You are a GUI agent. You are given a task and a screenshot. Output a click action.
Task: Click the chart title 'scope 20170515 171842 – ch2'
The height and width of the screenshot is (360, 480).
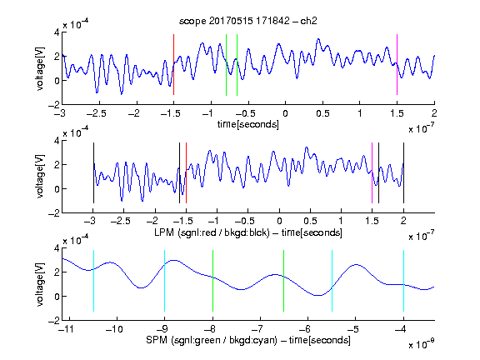(x=248, y=21)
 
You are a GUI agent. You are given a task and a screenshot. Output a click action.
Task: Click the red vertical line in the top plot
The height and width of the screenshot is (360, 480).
(x=173, y=65)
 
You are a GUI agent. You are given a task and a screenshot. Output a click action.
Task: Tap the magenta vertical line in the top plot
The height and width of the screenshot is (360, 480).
(x=397, y=65)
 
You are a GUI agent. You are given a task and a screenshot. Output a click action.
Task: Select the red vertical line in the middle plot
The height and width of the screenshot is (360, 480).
(x=186, y=173)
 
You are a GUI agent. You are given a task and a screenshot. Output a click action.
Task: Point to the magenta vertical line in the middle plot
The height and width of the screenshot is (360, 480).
(x=372, y=173)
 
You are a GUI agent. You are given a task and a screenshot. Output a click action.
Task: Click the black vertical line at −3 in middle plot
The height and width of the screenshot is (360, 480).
(x=93, y=173)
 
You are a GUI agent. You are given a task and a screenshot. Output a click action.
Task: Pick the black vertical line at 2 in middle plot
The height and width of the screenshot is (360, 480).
(x=403, y=173)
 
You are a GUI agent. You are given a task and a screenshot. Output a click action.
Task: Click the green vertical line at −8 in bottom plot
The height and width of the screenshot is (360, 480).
(x=212, y=281)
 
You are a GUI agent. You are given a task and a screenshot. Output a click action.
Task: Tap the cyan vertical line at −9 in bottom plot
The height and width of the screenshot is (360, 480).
(x=164, y=281)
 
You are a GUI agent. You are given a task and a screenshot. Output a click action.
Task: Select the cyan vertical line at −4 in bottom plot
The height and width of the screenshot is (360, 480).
(x=403, y=281)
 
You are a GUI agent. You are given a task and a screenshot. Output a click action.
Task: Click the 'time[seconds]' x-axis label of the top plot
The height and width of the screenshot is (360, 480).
(x=248, y=124)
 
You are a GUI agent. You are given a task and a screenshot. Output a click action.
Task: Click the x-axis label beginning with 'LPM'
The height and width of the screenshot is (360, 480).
(x=248, y=232)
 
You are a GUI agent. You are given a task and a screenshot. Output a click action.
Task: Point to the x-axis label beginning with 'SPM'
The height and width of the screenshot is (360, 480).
(x=248, y=340)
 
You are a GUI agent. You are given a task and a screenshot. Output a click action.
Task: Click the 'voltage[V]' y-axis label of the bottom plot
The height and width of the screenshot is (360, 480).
(x=40, y=284)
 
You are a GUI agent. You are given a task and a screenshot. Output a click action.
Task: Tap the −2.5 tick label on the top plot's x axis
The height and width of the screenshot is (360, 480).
(x=96, y=113)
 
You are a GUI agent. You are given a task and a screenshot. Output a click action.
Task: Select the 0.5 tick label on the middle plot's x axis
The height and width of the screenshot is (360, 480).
(x=310, y=221)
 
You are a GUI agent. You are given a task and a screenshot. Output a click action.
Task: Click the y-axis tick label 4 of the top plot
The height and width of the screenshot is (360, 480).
(x=57, y=32)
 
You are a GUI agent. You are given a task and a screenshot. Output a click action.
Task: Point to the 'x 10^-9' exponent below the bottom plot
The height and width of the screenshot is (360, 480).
(x=421, y=344)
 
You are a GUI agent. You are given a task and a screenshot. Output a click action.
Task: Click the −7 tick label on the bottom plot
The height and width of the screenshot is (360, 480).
(x=259, y=329)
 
